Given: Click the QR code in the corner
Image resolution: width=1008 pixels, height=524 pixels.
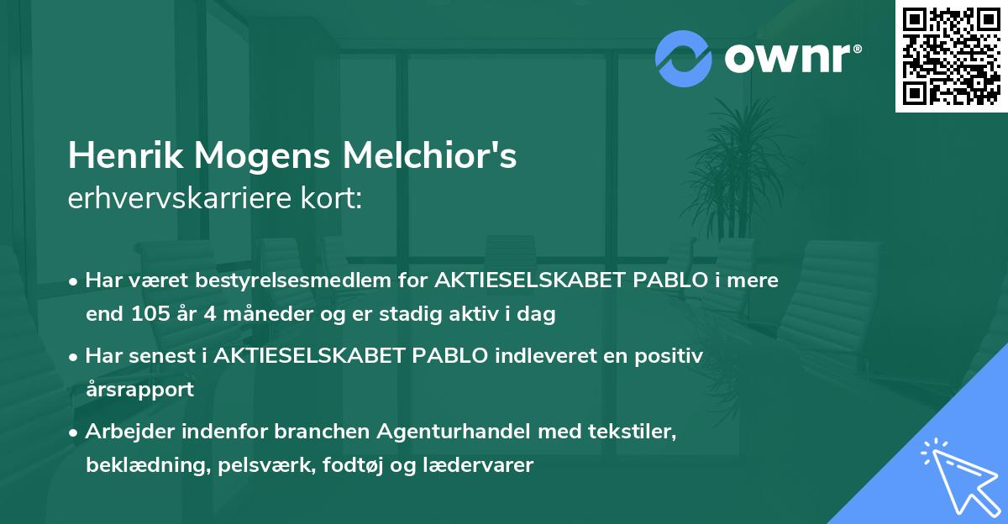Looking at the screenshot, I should [x=951, y=56].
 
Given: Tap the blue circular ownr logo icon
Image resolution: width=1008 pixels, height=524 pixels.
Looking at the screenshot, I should [x=683, y=58].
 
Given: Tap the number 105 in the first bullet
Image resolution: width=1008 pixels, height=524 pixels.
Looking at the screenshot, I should [x=148, y=315].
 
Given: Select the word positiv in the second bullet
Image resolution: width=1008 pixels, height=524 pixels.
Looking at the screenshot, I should [x=673, y=356].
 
